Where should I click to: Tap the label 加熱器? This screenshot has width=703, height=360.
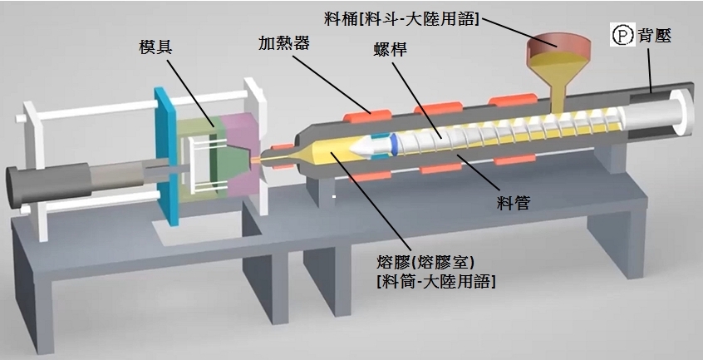click(284, 42)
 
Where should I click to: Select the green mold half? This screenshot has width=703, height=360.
click(199, 158)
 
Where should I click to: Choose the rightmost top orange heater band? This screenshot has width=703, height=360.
click(507, 101)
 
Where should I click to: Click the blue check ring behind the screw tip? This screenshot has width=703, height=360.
click(383, 144)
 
